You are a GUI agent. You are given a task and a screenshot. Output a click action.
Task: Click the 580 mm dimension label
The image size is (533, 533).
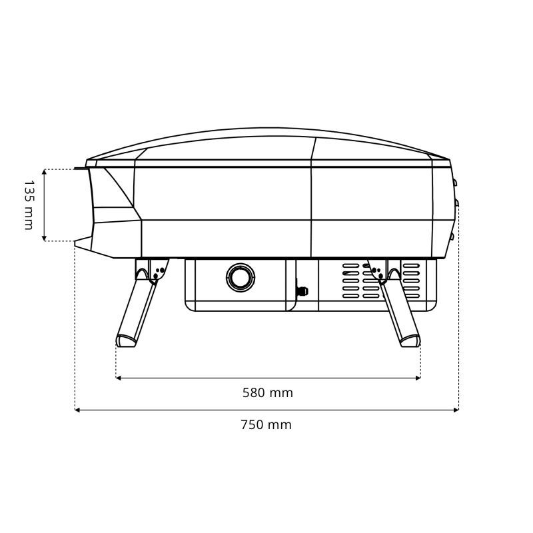(x=268, y=393)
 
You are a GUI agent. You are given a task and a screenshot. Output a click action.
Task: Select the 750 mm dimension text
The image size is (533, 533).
(x=266, y=425)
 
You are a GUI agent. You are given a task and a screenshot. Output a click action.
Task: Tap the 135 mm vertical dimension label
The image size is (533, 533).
(x=29, y=205)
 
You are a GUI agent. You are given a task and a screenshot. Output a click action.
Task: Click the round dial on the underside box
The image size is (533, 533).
(x=241, y=277)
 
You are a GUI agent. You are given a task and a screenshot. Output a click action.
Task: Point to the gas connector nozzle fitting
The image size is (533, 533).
(x=302, y=291)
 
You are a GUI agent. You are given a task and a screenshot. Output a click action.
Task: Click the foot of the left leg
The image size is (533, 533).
(x=126, y=340)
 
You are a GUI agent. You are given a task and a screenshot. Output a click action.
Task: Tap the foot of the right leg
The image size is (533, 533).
(x=410, y=340)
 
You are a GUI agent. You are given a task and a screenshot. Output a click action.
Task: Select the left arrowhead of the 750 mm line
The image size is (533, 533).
(x=77, y=410)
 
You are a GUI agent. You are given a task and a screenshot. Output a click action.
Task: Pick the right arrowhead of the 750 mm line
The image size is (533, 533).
(x=456, y=410)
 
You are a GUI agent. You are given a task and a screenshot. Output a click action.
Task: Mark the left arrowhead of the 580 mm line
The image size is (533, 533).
(x=119, y=378)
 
